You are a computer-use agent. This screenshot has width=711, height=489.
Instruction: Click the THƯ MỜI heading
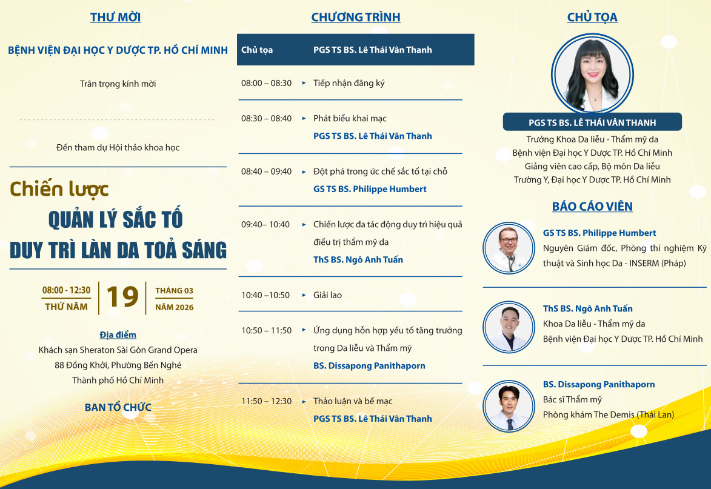point(115,17)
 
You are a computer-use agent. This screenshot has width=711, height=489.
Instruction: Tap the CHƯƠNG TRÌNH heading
point(355,17)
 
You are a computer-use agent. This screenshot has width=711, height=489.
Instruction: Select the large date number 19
point(122,298)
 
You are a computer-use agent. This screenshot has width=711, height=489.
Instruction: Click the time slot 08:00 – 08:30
point(266,84)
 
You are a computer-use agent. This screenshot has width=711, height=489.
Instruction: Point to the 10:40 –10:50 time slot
point(265,296)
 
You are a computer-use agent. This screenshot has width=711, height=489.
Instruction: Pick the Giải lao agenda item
point(327,296)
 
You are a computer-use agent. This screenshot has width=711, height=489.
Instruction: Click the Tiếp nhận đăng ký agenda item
point(349,84)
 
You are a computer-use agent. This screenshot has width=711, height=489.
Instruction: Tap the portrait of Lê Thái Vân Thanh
point(592,74)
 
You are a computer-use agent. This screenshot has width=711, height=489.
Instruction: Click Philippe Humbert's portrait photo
point(509,248)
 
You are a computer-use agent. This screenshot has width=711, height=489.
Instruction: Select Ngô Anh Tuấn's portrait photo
point(509,327)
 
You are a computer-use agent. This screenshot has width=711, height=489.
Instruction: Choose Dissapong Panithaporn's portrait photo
point(509,405)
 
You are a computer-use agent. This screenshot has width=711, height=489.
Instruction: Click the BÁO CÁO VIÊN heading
point(592,207)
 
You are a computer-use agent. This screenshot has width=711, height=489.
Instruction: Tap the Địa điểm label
point(118,335)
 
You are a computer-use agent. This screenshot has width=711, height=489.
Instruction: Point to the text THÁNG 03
point(174,290)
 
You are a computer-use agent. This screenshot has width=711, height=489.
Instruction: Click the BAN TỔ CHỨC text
point(118,407)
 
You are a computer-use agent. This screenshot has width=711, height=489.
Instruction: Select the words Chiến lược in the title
point(59,190)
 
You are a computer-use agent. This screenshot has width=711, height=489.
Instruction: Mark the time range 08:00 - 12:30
point(66,290)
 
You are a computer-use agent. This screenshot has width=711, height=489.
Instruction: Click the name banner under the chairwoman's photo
point(592,122)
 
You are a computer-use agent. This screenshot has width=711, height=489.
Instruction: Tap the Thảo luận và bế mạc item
point(353,402)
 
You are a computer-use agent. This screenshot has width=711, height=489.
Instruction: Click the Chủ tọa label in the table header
point(256,50)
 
